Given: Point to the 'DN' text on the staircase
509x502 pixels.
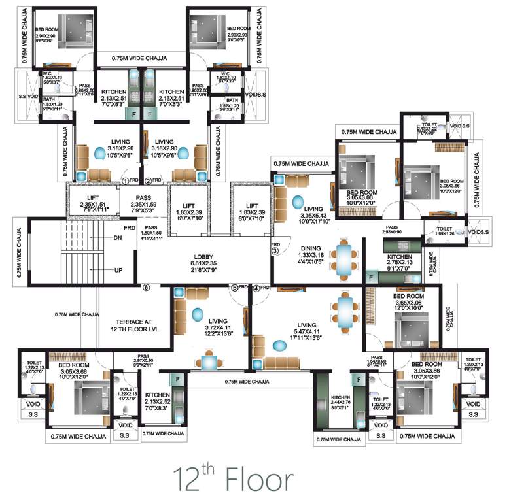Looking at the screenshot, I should click(118, 238).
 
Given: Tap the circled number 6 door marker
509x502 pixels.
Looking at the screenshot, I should click(147, 287).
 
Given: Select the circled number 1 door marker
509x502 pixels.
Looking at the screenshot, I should click(124, 180).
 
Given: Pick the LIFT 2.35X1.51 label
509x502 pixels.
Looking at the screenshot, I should click(92, 203).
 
